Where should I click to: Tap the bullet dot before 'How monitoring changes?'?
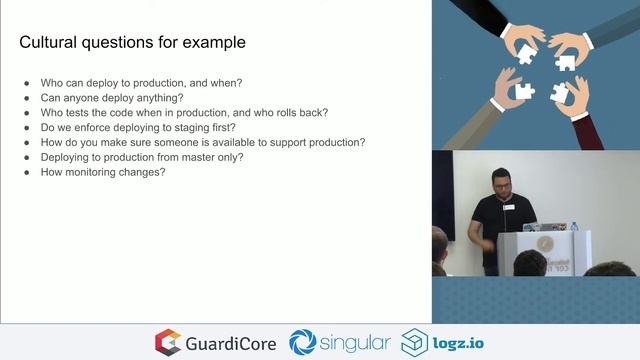pos(27,172)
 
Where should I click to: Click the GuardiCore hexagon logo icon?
pos(168,342)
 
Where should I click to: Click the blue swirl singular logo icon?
pos(303,342)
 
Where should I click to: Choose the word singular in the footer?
pos(356,342)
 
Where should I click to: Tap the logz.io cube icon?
pos(415,342)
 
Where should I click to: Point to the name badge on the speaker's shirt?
pos(508,208)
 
